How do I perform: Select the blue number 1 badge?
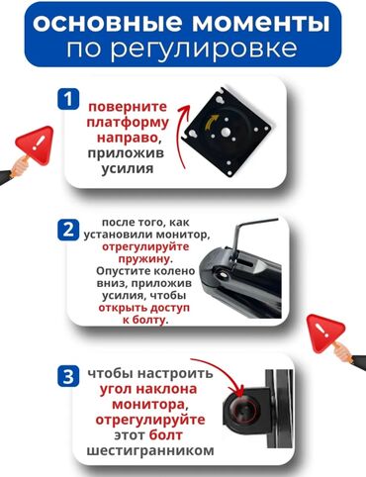tap(68, 99)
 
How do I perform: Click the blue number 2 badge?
tap(68, 230)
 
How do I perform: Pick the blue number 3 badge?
tap(68, 376)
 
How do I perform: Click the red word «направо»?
tap(127, 138)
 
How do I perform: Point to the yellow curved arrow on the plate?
tap(212, 123)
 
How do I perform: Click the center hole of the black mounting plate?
tap(227, 132)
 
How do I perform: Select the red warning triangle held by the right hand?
tap(325, 332)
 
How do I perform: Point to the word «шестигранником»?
tap(150, 450)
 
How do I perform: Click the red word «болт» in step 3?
tap(165, 435)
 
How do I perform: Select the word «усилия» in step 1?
tap(128, 168)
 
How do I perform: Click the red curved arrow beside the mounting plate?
tap(182, 137)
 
